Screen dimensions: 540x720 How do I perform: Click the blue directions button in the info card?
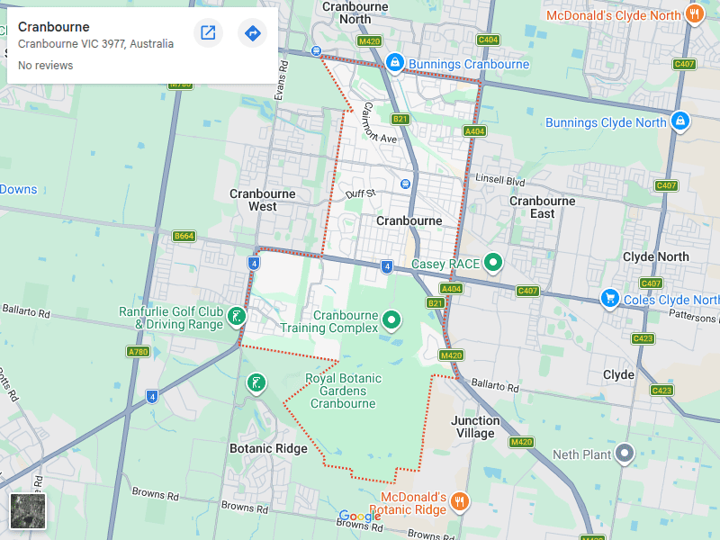pos(252,33)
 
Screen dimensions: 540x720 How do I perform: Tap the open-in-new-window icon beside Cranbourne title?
pos(208,33)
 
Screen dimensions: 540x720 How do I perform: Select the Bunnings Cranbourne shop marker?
pos(394,63)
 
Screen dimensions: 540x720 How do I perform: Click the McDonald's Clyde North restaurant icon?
pos(694,14)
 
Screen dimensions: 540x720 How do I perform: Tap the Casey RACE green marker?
pos(493,263)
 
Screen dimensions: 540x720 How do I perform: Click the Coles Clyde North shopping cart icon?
pos(610,298)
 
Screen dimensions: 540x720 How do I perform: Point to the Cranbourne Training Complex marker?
pos(391,319)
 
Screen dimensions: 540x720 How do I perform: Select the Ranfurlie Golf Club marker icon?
pos(236,316)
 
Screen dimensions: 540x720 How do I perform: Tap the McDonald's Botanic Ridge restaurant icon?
pos(459,501)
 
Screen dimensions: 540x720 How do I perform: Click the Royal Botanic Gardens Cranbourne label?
pos(343,391)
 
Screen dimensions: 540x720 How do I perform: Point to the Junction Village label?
pos(474,427)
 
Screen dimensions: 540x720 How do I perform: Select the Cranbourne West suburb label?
pos(253,200)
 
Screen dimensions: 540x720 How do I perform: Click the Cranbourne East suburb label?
pos(542,207)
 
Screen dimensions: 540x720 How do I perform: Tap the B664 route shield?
pos(184,236)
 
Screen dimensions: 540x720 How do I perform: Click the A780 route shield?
pos(138,352)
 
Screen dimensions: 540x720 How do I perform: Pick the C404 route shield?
pos(488,40)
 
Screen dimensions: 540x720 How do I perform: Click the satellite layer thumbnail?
pos(27,510)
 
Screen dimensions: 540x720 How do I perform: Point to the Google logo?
pos(360,517)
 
